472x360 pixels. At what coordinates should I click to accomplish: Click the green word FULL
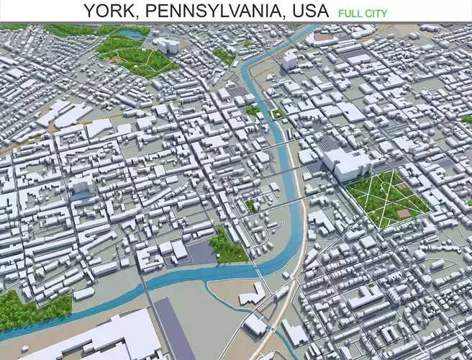(350, 13)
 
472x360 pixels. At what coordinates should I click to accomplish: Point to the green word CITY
(376, 13)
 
